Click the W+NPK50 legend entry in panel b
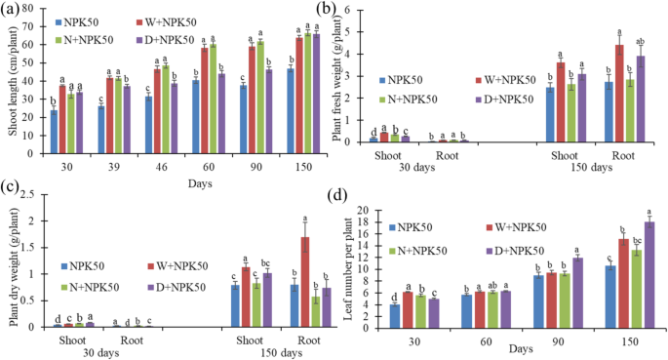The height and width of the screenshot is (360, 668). pos(507,80)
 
